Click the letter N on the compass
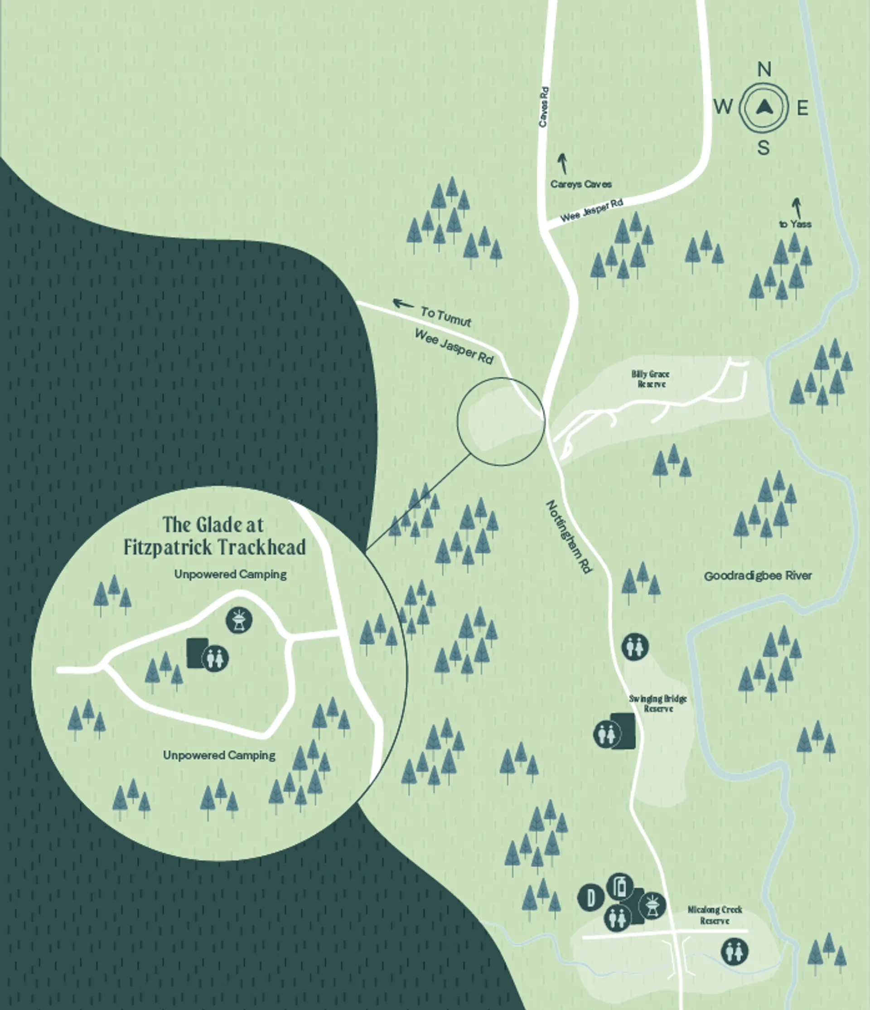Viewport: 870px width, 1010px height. click(764, 70)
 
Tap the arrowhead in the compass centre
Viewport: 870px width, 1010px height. click(764, 107)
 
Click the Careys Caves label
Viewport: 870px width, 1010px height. click(580, 184)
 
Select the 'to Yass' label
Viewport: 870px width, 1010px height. click(795, 224)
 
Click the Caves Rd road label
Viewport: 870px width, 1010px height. click(544, 107)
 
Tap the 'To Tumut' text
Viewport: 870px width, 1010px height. click(445, 317)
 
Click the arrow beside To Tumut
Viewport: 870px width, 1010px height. click(403, 304)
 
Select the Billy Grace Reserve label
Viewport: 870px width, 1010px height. click(651, 379)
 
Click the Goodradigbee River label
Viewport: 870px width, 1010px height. click(758, 575)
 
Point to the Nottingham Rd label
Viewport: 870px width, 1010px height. click(568, 536)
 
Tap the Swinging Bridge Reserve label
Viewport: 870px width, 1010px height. click(657, 703)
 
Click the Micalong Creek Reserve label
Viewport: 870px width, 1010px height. click(715, 915)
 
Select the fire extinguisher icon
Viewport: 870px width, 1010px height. click(620, 887)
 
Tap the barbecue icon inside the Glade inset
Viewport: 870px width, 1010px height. click(239, 620)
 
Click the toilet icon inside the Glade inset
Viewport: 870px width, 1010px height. click(215, 658)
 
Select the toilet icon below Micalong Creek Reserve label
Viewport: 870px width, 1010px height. click(735, 951)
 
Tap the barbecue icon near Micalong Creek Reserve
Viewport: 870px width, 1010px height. click(652, 905)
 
